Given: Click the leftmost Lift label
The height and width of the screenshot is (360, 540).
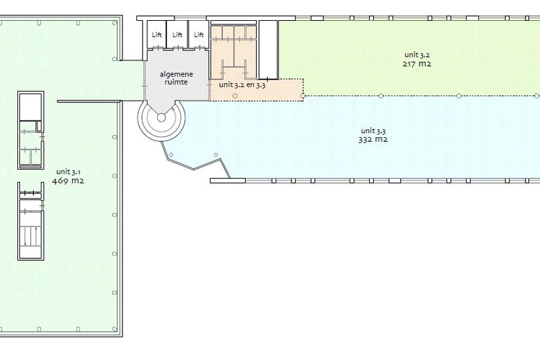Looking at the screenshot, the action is (x=156, y=35).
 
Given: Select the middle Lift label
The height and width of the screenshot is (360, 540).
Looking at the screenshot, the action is (x=177, y=35).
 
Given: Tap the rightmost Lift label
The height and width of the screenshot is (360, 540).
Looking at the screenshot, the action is (x=199, y=35).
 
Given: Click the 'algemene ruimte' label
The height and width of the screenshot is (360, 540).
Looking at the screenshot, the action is (x=177, y=78).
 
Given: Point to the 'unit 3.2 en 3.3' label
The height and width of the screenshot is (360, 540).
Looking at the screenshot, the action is (x=242, y=84).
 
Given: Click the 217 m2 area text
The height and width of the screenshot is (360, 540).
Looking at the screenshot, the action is (x=417, y=64).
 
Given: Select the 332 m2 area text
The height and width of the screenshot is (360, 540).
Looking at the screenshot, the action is (x=373, y=140).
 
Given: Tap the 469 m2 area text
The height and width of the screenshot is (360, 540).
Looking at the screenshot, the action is (x=68, y=181).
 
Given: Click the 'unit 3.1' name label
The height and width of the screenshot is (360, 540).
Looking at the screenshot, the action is (x=68, y=172).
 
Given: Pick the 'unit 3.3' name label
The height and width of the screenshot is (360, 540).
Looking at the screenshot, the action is (x=373, y=131).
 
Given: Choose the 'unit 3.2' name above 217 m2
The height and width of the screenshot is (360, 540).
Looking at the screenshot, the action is (x=417, y=55).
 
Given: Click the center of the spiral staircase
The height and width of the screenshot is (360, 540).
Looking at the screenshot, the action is (x=161, y=118).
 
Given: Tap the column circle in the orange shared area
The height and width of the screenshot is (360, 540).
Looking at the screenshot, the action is (x=235, y=96).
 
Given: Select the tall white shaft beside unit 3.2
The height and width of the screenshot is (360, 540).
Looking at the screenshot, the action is (x=269, y=50).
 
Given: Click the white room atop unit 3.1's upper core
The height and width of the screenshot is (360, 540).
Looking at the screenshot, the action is (x=30, y=107).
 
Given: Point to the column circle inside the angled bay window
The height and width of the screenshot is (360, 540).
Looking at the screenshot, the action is (x=216, y=155).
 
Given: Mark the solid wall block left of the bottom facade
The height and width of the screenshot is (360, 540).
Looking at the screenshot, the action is (x=228, y=181).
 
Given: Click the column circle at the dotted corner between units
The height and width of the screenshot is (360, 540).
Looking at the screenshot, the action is (x=303, y=96).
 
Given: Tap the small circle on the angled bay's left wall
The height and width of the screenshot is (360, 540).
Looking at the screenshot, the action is (x=170, y=155).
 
